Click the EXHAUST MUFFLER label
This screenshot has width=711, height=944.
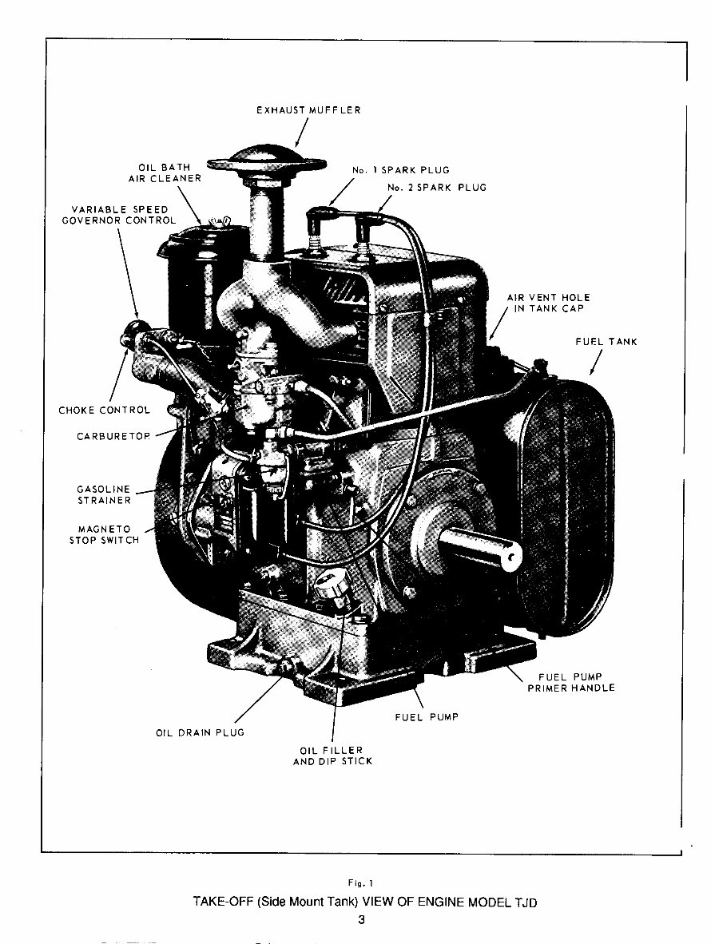click(308, 109)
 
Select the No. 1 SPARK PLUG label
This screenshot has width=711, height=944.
click(400, 170)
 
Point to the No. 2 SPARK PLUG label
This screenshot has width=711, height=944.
click(436, 188)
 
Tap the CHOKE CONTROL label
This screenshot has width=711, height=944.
click(104, 411)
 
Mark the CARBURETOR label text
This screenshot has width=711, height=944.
click(113, 437)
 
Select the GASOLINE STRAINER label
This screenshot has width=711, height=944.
click(104, 495)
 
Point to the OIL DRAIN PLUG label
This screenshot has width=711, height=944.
click(200, 732)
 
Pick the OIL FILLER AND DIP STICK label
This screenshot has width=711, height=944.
click(332, 756)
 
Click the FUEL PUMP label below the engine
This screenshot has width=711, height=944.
click(427, 717)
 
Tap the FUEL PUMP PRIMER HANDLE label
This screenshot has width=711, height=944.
click(571, 683)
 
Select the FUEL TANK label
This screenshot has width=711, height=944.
click(606, 342)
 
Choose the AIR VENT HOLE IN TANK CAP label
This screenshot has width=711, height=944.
click(548, 303)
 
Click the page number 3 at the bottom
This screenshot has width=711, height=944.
click(361, 919)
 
